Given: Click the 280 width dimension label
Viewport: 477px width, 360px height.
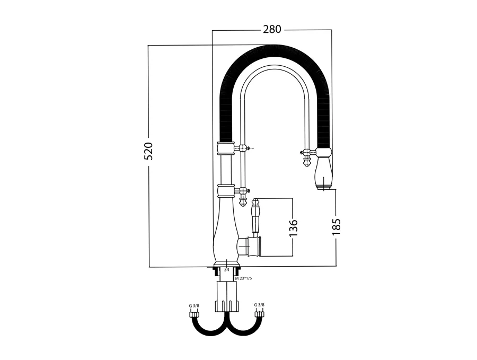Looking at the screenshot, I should click(272, 29).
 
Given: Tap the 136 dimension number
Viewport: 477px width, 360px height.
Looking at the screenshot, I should click(295, 227).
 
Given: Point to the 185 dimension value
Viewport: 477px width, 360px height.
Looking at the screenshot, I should click(337, 227).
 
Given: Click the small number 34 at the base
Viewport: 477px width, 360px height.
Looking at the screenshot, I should click(227, 269).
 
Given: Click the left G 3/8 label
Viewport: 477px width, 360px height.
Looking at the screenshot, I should click(194, 305).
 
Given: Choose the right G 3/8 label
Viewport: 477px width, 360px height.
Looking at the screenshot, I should click(259, 305).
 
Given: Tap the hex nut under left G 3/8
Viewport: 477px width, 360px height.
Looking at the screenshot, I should click(194, 313).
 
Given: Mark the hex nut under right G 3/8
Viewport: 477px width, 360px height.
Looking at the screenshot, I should click(259, 313).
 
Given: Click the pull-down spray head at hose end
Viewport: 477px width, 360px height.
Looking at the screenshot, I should click(323, 171).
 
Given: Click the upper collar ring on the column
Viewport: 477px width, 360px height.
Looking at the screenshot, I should click(225, 147).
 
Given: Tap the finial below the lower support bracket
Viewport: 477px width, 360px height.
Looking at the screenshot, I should click(243, 200).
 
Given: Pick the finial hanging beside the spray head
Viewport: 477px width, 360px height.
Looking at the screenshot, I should click(305, 159).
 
